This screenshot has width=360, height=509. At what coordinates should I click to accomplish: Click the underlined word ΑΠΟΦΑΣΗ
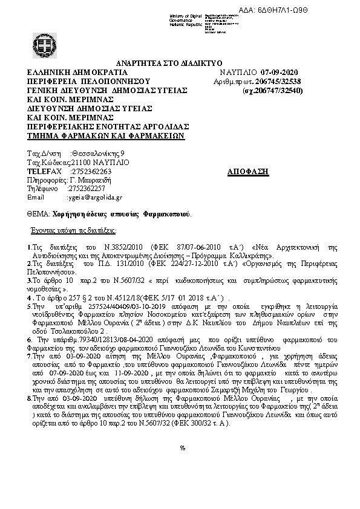pyautogui.click(x=248, y=172)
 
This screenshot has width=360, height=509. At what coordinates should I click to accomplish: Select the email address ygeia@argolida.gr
pyautogui.click(x=94, y=197)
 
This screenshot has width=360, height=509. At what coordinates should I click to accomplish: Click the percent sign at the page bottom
pyautogui.click(x=183, y=448)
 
